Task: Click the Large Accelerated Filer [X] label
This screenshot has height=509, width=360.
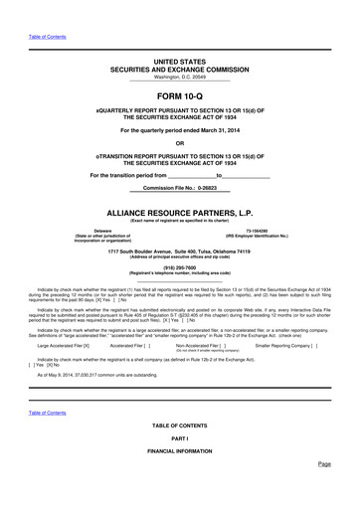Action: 64,345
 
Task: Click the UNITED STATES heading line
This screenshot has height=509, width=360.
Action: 179,62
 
